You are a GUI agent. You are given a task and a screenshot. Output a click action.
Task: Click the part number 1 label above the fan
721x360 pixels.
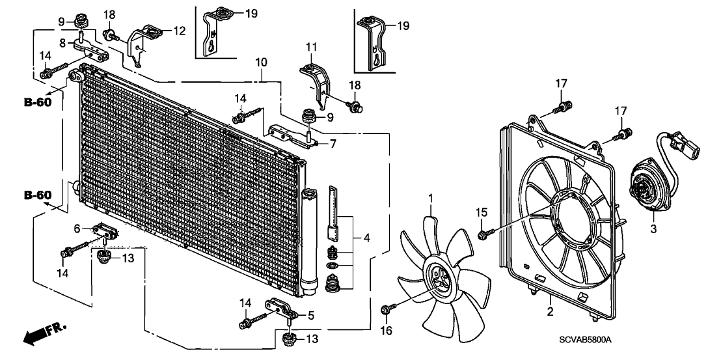pos(430,198)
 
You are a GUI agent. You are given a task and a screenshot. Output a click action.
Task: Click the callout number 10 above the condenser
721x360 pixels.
pos(261,62)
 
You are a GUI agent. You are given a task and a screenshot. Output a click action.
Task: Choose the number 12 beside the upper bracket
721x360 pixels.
pos(180,30)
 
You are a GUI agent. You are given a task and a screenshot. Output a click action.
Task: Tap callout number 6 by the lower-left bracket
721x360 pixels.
pos(77,228)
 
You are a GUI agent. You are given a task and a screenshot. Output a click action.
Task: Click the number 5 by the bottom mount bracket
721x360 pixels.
pos(311,316)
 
